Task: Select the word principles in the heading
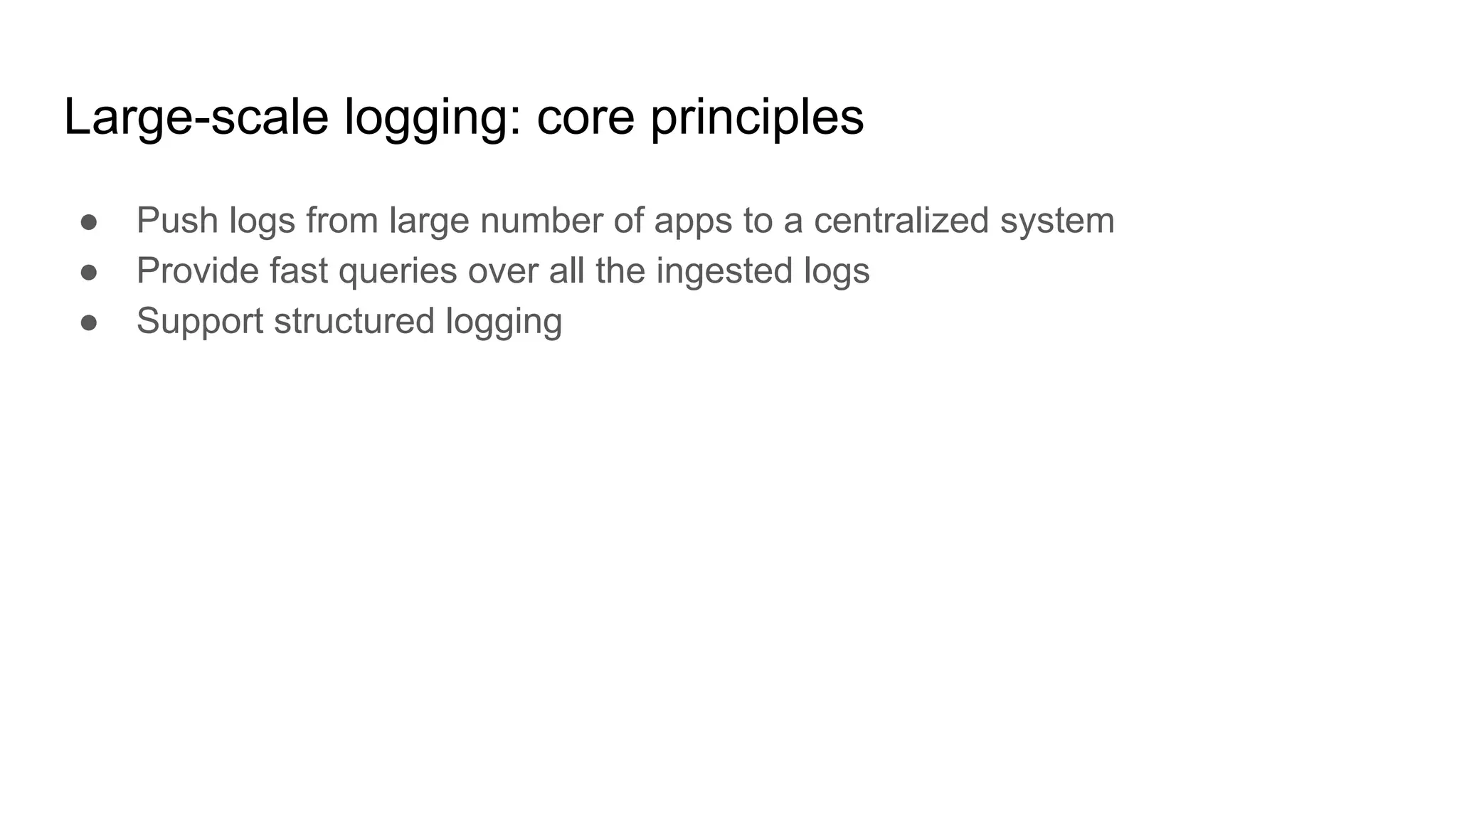click(757, 117)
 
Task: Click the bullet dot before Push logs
click(89, 222)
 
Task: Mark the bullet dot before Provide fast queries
click(89, 273)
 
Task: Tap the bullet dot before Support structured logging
click(89, 322)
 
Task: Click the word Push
click(177, 220)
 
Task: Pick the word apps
click(693, 221)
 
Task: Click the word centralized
click(901, 220)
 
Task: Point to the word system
click(1057, 221)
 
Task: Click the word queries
click(397, 272)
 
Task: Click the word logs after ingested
click(837, 272)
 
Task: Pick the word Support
click(200, 322)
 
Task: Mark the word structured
click(354, 321)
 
